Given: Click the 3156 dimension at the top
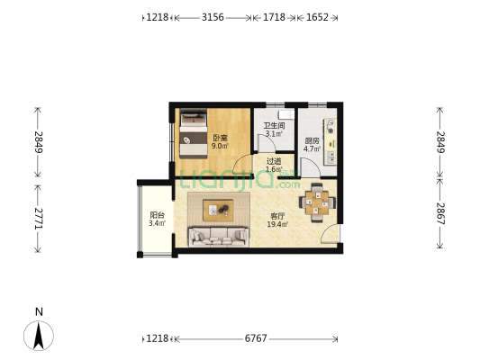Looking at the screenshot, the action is click(x=213, y=17).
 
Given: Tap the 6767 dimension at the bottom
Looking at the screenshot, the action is click(x=256, y=338).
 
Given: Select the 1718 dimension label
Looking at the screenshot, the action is click(x=275, y=17).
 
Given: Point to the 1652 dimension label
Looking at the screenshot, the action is click(x=318, y=17).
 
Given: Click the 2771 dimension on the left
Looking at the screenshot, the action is click(x=39, y=219).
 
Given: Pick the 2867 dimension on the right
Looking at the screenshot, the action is click(x=440, y=213).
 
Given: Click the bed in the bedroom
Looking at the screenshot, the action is click(x=193, y=134).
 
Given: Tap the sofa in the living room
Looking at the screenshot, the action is click(x=219, y=237).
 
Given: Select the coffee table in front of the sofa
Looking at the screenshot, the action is click(x=218, y=210).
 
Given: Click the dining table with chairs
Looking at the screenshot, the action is click(x=317, y=202).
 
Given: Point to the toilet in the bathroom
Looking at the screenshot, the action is click(x=285, y=114).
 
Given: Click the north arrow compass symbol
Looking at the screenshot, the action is click(x=39, y=336).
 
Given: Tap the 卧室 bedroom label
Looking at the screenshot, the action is click(x=221, y=138).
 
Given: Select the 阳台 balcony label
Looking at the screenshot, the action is click(x=158, y=215).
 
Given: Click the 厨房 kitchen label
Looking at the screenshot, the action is click(x=312, y=141).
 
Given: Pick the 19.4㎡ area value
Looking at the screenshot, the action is click(x=277, y=224).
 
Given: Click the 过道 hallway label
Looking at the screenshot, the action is click(x=274, y=161).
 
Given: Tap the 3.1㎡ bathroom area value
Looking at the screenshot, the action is click(x=274, y=134).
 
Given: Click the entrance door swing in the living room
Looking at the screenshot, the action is click(x=330, y=233).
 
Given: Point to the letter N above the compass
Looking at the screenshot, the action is click(x=39, y=312).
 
